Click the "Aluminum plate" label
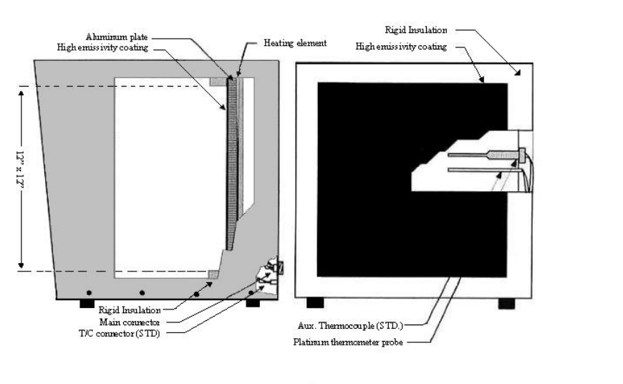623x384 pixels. pos(117,36)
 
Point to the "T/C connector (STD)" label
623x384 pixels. pos(119,333)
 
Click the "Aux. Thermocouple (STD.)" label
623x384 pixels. pos(355,327)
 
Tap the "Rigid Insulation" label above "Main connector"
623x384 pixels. pos(129,309)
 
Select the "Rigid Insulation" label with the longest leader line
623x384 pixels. pos(415,30)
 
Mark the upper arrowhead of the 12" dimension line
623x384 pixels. pos(21,91)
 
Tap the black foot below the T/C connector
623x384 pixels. pos(252,304)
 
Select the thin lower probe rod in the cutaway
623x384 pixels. pos(480,170)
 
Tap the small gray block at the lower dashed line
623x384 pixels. pos(213,274)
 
